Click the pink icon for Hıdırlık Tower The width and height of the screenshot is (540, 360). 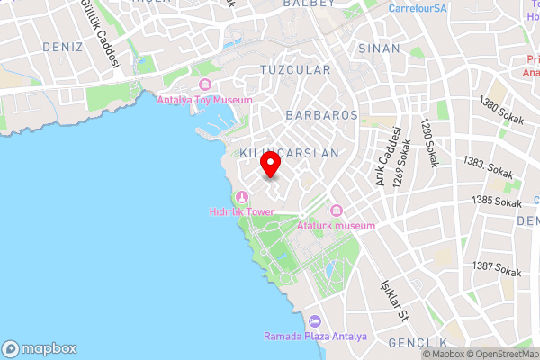click(x=240, y=198)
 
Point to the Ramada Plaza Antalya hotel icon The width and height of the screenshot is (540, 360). click(x=314, y=321)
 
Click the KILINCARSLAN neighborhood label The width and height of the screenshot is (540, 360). click(x=289, y=153)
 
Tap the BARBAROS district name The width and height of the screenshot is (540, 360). click(x=321, y=115)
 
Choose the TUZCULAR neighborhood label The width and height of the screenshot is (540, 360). click(x=290, y=69)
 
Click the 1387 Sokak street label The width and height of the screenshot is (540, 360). click(x=496, y=269)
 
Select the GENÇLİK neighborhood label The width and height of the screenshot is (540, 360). click(x=418, y=344)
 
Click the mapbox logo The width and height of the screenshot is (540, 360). click(x=40, y=348)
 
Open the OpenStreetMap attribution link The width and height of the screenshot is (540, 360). click(x=499, y=353)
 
